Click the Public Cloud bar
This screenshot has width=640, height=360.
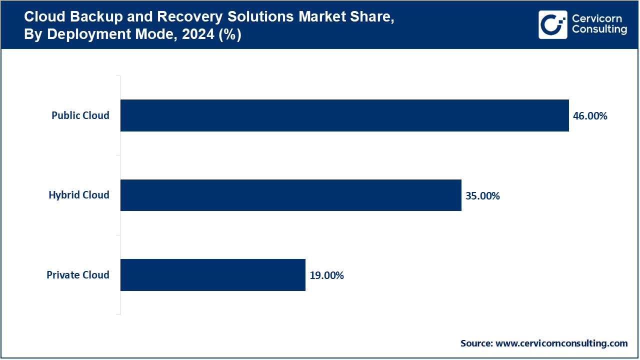click(344, 115)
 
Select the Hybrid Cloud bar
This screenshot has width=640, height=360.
click(290, 195)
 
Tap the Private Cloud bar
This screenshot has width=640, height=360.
click(212, 275)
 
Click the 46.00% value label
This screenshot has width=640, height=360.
click(590, 116)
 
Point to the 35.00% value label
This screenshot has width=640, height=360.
click(482, 195)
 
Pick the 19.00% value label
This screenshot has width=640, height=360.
click(326, 275)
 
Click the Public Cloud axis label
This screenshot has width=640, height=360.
click(80, 115)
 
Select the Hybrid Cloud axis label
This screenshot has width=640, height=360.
click(79, 195)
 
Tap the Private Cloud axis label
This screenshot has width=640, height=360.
click(78, 275)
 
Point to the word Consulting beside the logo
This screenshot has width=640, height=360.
click(599, 30)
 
